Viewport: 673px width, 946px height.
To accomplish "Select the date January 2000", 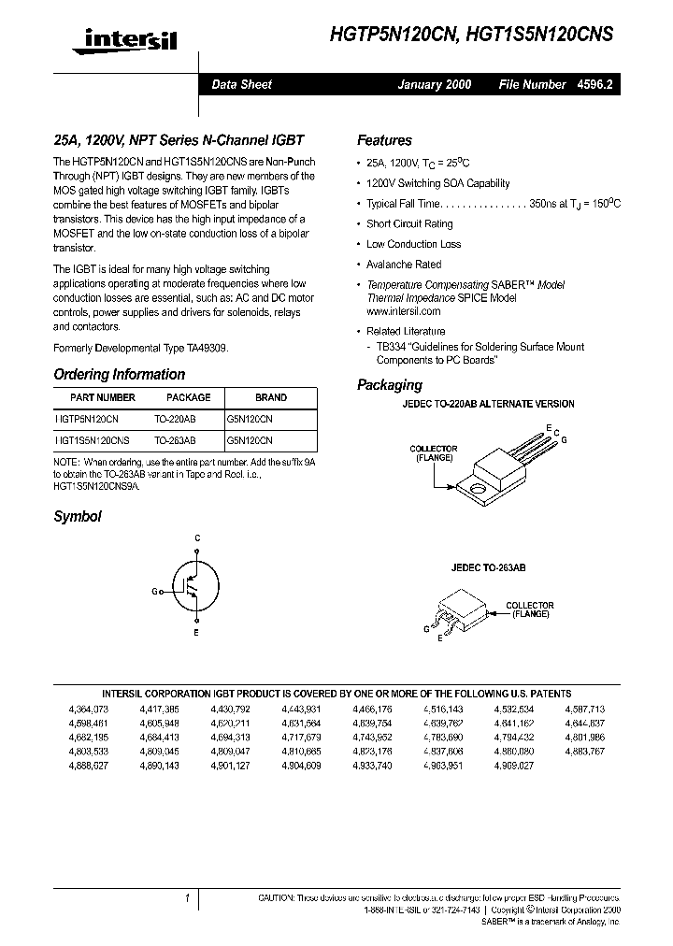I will [435, 84].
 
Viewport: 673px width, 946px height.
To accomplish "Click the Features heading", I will [384, 140].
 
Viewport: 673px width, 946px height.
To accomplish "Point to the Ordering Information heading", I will [120, 374].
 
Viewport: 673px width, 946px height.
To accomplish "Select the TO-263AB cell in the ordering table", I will [175, 439].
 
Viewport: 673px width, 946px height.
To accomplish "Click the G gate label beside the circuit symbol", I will [155, 592].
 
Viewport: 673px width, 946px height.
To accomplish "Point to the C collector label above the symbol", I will [196, 537].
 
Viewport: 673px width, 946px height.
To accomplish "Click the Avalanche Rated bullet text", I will [404, 265].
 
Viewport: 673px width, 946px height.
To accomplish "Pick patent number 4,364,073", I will [89, 709].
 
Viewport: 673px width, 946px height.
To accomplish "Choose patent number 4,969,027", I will [514, 765].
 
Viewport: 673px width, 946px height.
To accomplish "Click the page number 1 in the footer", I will [187, 898].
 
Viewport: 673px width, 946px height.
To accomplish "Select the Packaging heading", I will [390, 384].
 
